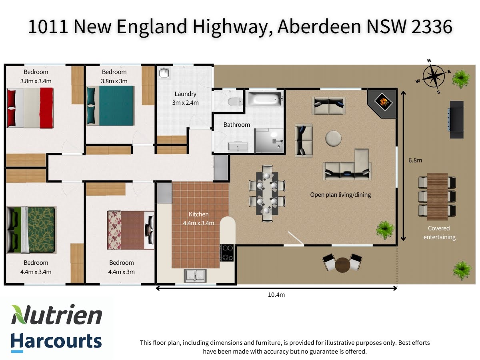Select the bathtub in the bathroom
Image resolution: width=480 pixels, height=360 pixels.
264,98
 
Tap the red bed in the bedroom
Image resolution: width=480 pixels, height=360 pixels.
30,108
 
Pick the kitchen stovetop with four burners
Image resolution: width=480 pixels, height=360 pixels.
226,252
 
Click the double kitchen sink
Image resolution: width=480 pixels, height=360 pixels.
195,275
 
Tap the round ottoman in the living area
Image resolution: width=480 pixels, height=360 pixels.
334,139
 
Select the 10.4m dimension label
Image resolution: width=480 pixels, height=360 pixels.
276,295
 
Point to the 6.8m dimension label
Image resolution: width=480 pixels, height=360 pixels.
415,160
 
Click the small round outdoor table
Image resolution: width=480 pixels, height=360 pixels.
342,264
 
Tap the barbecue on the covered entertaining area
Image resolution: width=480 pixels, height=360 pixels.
456,120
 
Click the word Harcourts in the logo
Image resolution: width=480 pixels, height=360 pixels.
56,341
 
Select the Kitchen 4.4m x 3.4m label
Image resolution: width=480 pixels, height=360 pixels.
199,219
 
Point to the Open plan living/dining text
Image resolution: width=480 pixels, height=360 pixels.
340,195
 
